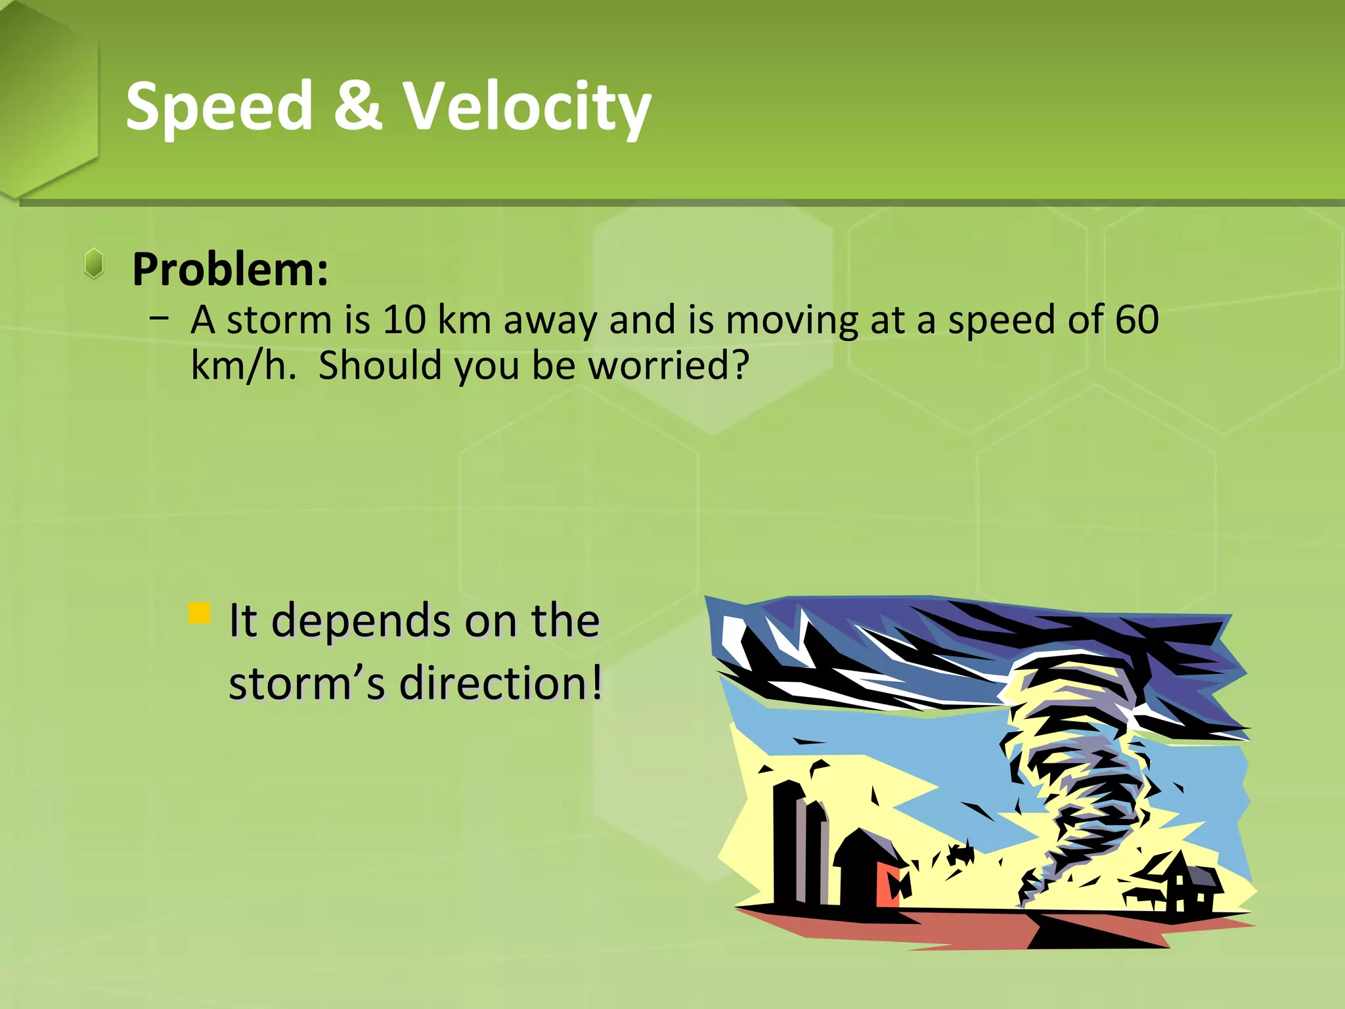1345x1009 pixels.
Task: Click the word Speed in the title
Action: coord(219,106)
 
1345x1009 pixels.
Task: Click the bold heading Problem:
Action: coord(231,269)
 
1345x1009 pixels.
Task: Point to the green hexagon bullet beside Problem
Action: coord(95,263)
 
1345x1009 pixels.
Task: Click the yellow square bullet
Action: coord(199,613)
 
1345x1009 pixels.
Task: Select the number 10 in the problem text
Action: coord(404,320)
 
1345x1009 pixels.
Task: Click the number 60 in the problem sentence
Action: coord(1137,320)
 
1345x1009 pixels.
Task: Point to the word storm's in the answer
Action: coord(307,683)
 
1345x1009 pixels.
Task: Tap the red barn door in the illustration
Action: coord(889,884)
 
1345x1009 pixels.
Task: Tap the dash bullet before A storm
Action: coord(158,319)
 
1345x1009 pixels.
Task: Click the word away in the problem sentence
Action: coord(550,320)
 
